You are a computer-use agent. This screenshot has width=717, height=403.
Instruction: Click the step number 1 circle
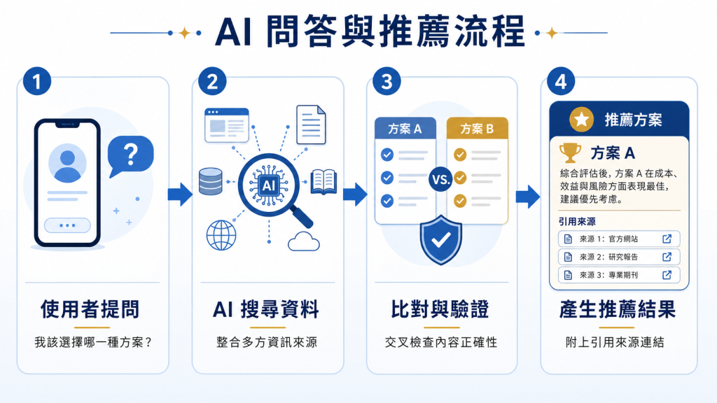(37, 81)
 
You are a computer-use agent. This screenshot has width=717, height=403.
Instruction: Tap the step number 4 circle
(561, 81)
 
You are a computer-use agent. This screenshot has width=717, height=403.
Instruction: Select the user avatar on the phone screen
(67, 163)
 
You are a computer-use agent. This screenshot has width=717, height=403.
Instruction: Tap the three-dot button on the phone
(67, 225)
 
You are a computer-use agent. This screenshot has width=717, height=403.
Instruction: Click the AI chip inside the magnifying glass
(268, 185)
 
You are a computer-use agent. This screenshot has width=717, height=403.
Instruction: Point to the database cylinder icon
(211, 181)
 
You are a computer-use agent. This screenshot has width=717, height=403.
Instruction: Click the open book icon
(323, 182)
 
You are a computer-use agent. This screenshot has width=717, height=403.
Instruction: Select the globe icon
(221, 235)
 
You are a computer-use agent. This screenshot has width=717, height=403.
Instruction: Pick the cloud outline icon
(304, 241)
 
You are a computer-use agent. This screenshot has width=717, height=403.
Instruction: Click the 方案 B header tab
(477, 129)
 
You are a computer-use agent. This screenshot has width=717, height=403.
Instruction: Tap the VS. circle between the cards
(441, 179)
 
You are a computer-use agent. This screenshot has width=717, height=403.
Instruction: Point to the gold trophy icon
(570, 153)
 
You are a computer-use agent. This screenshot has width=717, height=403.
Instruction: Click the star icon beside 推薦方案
(581, 120)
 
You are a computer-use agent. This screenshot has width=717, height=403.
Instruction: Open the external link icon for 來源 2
(667, 257)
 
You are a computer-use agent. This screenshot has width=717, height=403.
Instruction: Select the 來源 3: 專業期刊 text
(608, 275)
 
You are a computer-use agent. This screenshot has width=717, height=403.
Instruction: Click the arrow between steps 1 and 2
(180, 195)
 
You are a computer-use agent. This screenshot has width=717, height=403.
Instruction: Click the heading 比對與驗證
(440, 309)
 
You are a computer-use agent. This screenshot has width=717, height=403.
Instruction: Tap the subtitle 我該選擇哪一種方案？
(93, 342)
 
